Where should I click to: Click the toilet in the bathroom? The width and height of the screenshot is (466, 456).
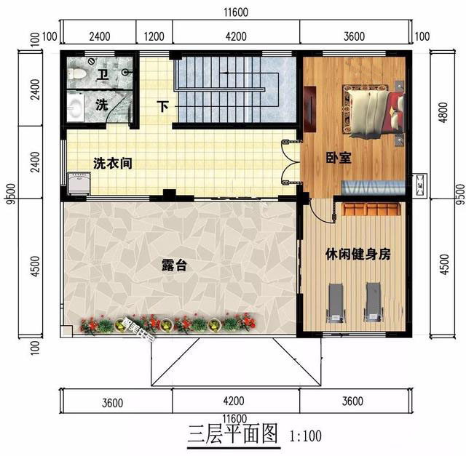(x=76, y=74)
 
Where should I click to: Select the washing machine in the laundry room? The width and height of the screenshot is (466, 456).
(x=79, y=183)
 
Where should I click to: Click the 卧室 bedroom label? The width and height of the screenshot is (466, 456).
(x=339, y=158)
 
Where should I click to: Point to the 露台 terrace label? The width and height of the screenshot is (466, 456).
(x=174, y=265)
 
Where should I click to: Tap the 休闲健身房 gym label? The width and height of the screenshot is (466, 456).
(x=358, y=254)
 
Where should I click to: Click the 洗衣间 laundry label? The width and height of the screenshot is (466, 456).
(x=113, y=164)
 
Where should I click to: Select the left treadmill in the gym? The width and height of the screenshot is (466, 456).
(x=336, y=303)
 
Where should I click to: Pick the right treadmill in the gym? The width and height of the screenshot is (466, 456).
(x=373, y=302)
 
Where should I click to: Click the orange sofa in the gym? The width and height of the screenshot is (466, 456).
(x=371, y=209)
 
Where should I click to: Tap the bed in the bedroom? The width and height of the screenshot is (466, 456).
(x=374, y=113)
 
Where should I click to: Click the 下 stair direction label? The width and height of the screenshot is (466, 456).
(x=163, y=106)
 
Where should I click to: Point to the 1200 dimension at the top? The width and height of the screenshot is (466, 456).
(x=154, y=36)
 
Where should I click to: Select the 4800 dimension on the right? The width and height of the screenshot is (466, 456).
(x=443, y=113)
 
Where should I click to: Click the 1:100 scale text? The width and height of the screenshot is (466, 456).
(x=306, y=436)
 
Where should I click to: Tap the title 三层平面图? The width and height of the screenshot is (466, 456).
(x=233, y=433)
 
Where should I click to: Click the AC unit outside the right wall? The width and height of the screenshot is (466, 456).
(x=420, y=185)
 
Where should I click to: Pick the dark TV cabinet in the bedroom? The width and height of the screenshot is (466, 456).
(x=310, y=109)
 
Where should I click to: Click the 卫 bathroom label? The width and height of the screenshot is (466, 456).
(x=103, y=74)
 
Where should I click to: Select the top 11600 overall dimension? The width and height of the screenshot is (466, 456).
(x=236, y=12)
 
